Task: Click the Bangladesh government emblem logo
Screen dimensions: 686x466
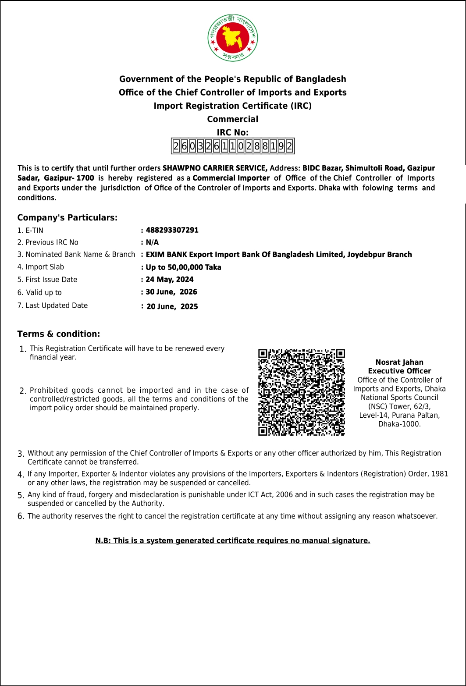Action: [x=232, y=38]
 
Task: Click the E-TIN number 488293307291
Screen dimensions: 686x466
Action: [x=172, y=230]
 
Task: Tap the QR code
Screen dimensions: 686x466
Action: [x=302, y=392]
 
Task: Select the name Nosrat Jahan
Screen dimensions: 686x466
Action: [x=399, y=362]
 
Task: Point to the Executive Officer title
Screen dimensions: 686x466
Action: [x=399, y=371]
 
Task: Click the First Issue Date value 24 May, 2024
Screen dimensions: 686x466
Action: [x=170, y=279]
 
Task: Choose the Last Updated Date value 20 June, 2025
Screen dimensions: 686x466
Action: [x=172, y=306]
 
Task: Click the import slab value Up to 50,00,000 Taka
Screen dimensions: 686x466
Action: [x=183, y=267]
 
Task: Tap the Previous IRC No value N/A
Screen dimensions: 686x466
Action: [x=152, y=242]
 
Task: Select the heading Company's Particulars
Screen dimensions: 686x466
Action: [x=68, y=218]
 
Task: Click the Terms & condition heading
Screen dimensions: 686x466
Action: [x=59, y=334]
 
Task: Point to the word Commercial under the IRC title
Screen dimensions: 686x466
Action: [x=232, y=119]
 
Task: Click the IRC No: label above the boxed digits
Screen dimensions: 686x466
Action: [x=232, y=132]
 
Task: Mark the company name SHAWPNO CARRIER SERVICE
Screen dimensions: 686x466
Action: [x=215, y=168]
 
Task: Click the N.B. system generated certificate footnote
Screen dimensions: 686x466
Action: [x=232, y=540]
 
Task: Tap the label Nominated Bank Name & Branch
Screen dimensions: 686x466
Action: [x=80, y=254]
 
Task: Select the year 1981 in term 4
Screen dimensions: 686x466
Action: [x=440, y=474]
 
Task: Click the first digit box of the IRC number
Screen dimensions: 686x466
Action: [x=176, y=146]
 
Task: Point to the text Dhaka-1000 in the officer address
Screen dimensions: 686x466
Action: [x=399, y=424]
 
